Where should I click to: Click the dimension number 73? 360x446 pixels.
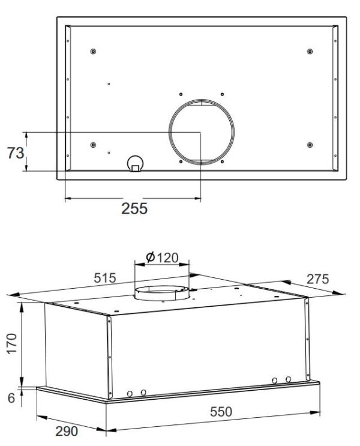coord(16,153)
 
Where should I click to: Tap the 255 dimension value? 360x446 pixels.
coord(134,208)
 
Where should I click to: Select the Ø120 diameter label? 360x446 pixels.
coord(162,258)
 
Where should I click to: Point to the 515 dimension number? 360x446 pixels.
coord(105,278)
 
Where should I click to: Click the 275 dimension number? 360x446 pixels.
coord(317,279)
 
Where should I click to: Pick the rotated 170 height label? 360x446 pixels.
coord(12,343)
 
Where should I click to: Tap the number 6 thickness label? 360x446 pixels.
coord(11,398)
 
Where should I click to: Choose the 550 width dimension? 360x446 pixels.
coord(221,412)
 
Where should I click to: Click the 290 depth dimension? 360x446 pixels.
coord(67,431)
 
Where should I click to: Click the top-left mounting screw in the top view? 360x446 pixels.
coord(93,52)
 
